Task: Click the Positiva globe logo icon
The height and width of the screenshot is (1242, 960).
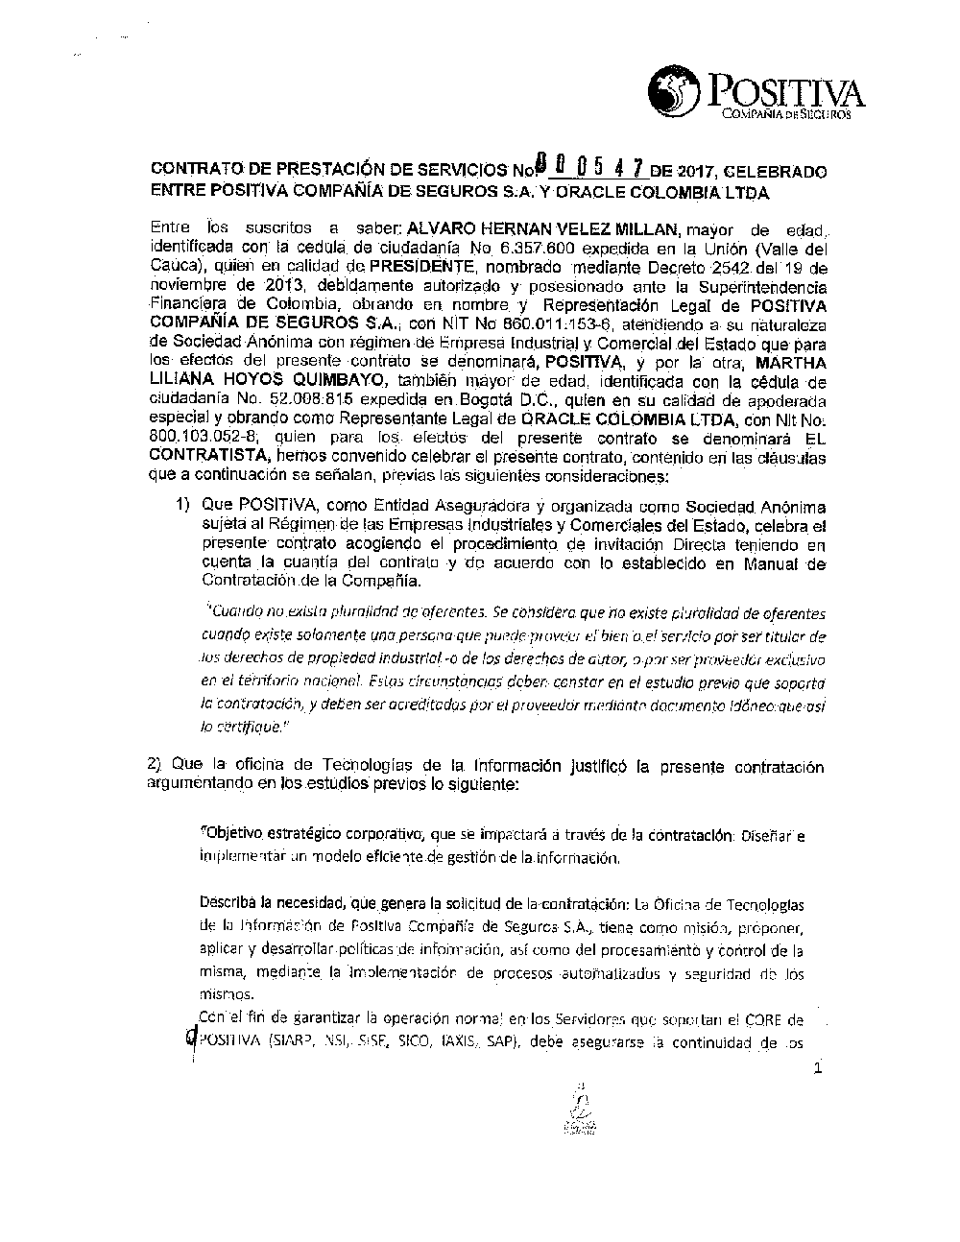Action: pos(675,92)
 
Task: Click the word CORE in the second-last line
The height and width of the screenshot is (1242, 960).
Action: pos(772,1019)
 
